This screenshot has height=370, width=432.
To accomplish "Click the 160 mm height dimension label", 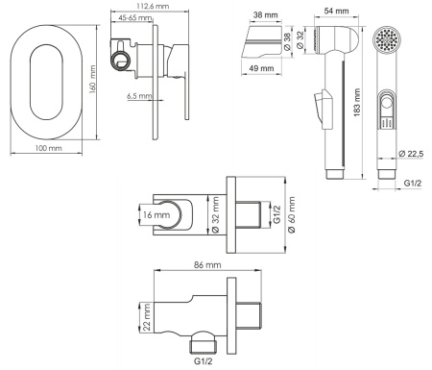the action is coord(92,79).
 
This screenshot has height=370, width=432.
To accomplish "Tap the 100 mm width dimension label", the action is coord(48,148).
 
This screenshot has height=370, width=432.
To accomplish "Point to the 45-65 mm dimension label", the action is coord(135,17).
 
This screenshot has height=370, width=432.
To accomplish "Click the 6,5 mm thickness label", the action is coord(139,95).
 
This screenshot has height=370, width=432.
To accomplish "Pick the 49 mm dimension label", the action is coord(262,68).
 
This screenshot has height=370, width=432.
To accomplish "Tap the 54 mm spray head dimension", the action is coord(336,11).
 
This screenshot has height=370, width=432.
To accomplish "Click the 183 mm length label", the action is coord(357,103).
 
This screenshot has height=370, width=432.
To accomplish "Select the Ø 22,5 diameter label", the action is coord(411,154).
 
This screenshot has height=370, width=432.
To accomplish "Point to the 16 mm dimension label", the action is coord(156,214).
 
